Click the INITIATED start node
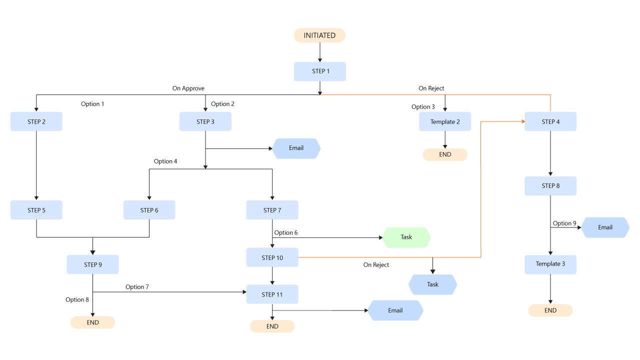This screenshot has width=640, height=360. point(319,35)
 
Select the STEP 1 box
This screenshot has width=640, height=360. point(320,71)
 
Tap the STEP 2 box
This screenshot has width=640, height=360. point(36,121)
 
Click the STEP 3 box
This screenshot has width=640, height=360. point(205,121)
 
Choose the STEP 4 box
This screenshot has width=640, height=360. point(550,121)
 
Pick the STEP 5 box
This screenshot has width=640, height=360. point(36,210)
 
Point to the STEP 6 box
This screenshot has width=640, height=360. point(149,210)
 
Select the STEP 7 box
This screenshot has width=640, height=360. point(272,210)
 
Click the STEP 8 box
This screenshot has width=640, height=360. point(550,186)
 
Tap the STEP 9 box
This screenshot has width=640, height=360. point(93,264)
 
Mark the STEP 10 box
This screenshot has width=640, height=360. point(272,257)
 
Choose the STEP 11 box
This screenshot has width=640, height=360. point(272,294)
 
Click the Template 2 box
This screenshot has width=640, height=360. point(445,121)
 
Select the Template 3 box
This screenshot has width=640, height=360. point(550,264)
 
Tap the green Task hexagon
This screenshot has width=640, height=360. point(406,237)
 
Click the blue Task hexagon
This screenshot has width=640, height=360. point(432,284)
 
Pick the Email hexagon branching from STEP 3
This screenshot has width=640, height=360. point(296,148)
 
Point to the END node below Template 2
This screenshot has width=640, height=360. point(445,155)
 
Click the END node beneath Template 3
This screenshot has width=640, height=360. point(550,310)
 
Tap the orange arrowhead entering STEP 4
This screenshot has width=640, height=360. point(522,121)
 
